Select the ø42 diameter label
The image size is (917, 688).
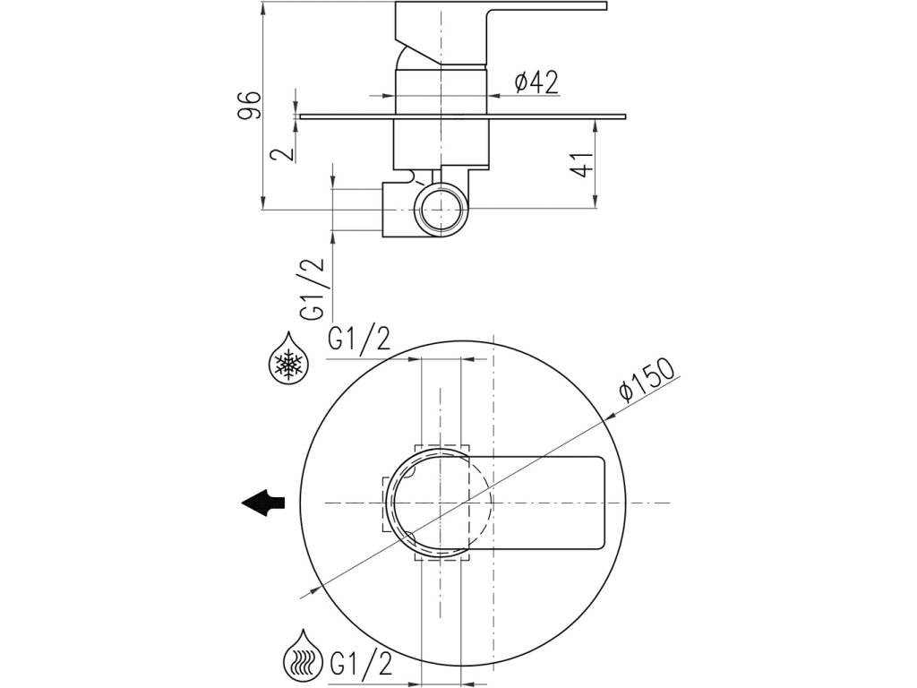click(536, 82)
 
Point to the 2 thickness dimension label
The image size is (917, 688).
click(285, 152)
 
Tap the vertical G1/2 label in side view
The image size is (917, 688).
click(313, 290)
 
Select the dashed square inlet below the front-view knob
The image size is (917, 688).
click(442, 556)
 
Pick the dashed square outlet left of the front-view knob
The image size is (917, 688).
click(389, 503)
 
